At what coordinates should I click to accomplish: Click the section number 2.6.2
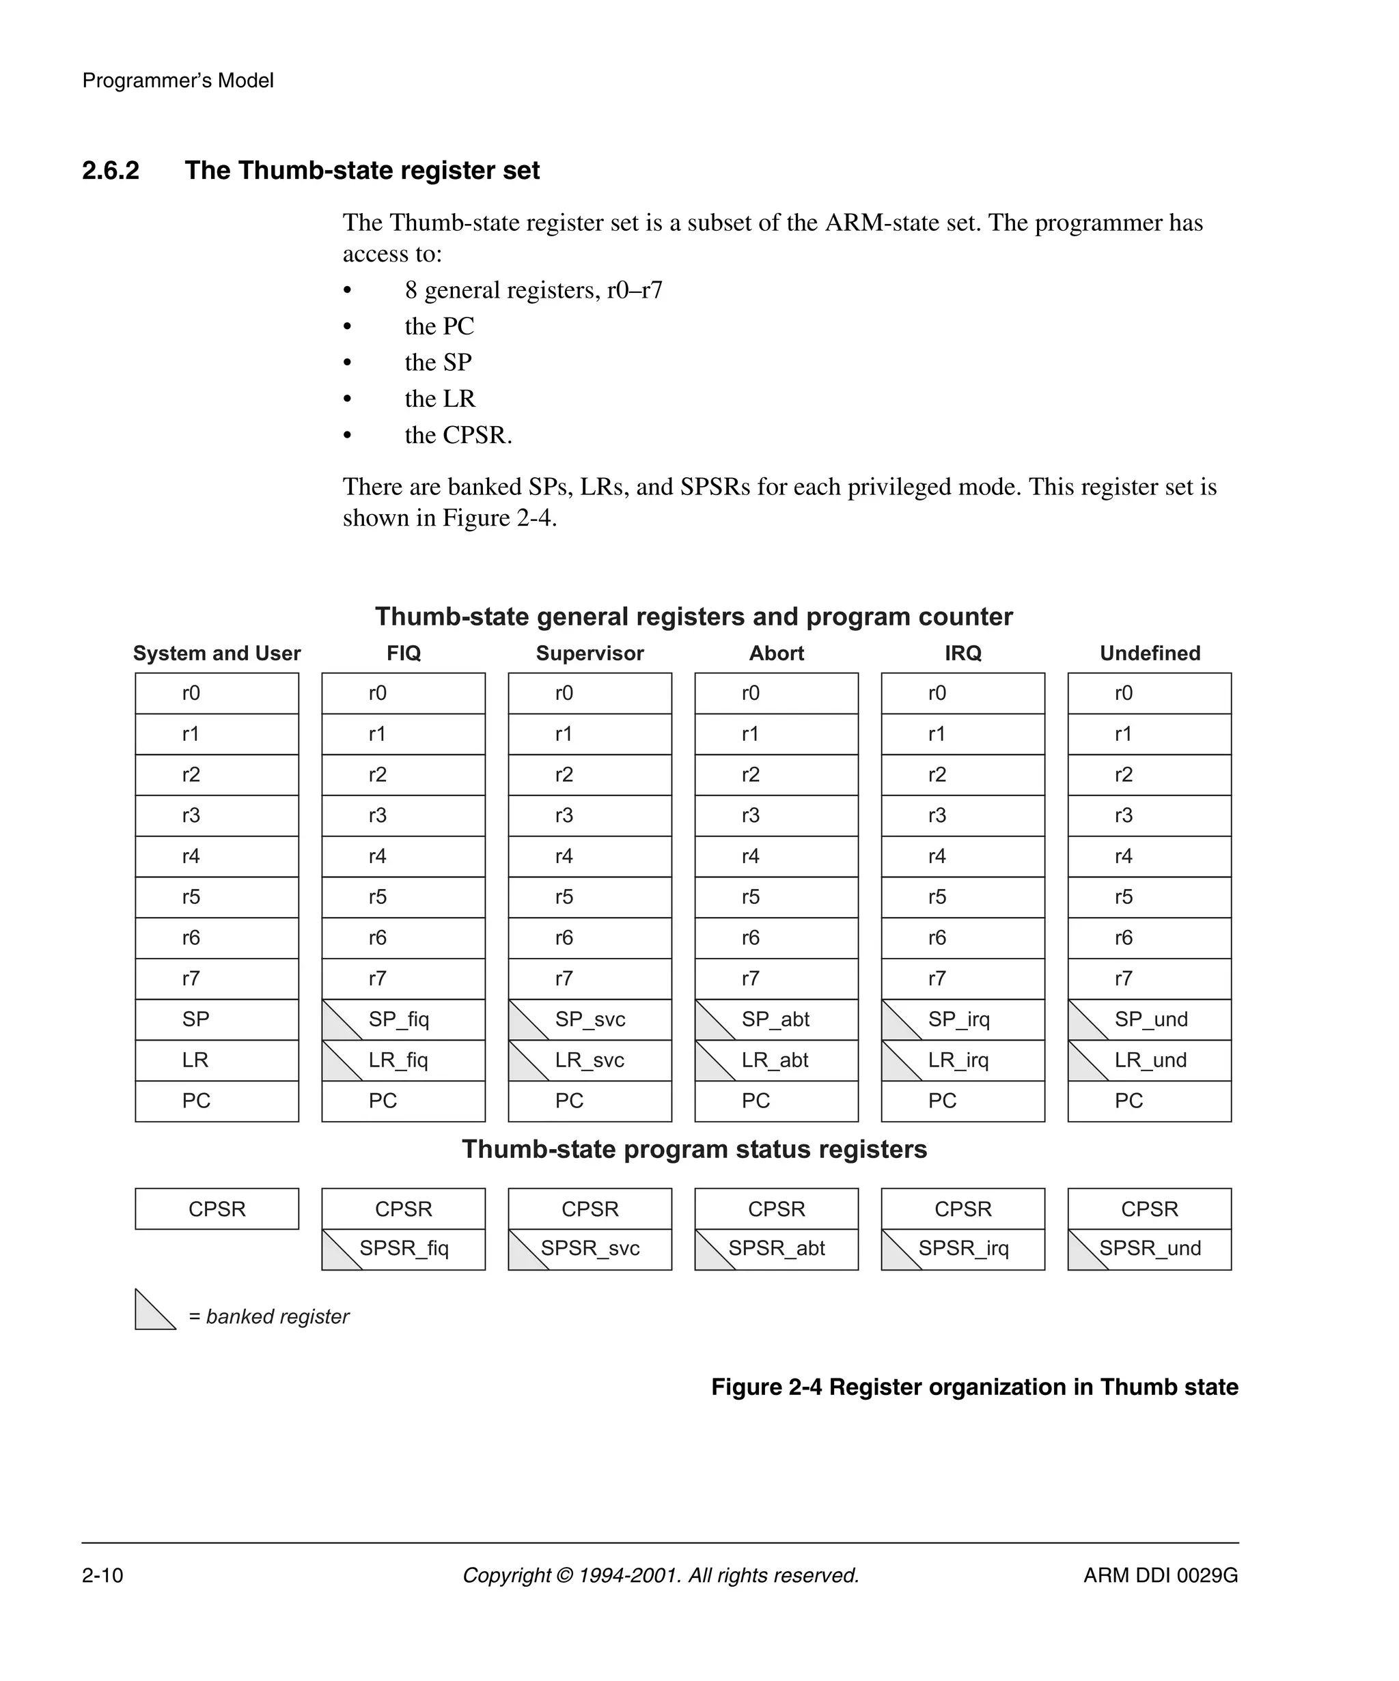coord(111,171)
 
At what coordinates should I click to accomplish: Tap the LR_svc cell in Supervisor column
coord(590,1060)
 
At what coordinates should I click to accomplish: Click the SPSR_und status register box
coord(1149,1248)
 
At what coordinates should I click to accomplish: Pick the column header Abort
coord(776,653)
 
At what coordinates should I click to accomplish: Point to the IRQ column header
coord(962,653)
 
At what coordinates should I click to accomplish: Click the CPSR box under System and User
coord(217,1209)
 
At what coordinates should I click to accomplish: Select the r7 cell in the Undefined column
coord(1149,978)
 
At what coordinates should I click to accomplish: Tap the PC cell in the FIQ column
coord(403,1101)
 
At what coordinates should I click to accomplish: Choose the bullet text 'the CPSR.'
coord(458,435)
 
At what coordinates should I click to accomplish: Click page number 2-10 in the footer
coord(102,1575)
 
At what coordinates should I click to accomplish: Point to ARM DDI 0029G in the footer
coord(1161,1575)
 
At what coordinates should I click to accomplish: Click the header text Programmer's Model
coord(178,81)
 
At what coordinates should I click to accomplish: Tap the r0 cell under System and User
coord(217,693)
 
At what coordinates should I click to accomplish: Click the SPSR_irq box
coord(962,1248)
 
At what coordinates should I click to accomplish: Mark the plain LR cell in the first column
coord(217,1060)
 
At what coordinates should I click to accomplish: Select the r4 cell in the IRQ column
coord(962,856)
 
